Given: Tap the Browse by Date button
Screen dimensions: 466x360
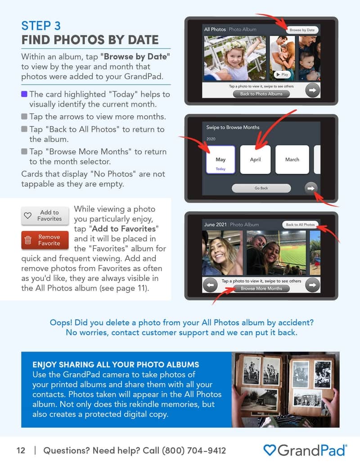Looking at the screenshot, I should coord(302,30).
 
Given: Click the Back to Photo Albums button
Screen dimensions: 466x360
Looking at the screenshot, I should coord(261,94).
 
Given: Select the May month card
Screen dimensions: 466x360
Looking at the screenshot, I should coord(220,159).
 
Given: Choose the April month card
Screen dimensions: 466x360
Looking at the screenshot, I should coord(255,159).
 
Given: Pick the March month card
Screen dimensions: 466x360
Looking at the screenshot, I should coord(292,159).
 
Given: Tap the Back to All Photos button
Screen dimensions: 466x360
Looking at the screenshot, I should coord(300,224).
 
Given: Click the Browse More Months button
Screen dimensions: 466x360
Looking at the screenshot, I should coord(261,288).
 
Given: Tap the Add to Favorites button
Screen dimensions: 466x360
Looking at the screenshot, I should coord(45,216).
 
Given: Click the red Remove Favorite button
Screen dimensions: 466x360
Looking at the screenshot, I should coord(45,240).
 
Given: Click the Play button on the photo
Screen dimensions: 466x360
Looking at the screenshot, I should coord(282,75).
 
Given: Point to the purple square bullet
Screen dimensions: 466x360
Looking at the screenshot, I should coord(24,95).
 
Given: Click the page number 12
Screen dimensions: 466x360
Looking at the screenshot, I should coord(21,450).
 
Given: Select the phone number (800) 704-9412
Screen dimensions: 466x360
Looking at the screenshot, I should coord(193,450).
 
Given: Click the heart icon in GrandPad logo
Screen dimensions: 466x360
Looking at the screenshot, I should coord(269,450).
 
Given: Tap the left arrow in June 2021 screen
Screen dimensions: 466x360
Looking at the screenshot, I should coord(210,285).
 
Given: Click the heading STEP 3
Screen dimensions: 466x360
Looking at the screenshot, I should coord(41,25).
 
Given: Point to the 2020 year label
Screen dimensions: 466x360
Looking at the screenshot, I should coord(211,139).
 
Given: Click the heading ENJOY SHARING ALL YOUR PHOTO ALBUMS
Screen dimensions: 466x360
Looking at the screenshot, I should coord(116,364).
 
